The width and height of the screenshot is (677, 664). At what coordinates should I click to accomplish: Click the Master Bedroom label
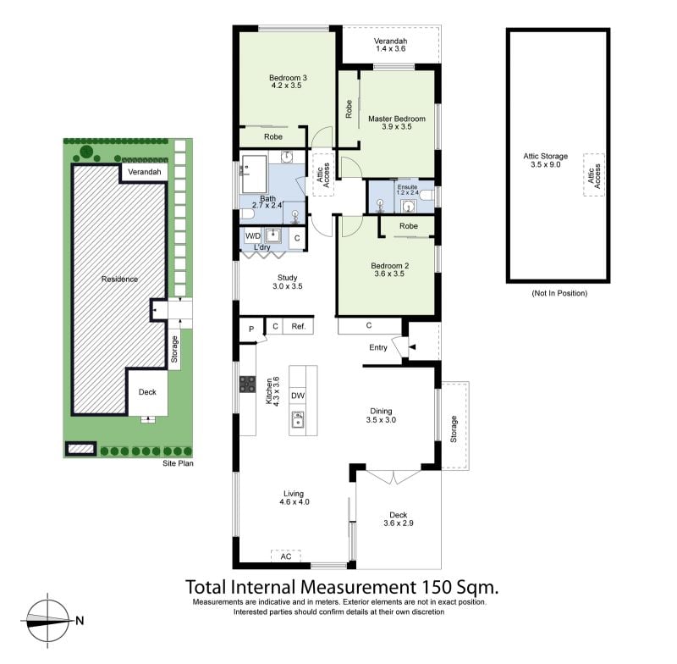pos(396,119)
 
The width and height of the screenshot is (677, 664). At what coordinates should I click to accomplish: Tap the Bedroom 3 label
pos(288,78)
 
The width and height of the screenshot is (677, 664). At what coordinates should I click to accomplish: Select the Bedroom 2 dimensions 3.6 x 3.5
pos(389,274)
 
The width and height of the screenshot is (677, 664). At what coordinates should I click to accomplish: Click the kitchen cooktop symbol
pos(247,384)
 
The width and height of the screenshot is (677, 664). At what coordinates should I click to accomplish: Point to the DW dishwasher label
pos(298,396)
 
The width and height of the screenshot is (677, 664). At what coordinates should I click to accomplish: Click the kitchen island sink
pos(298,419)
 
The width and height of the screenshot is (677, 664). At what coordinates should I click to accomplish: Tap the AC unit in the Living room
pos(285,556)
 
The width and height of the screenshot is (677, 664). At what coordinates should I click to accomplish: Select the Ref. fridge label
pos(298,327)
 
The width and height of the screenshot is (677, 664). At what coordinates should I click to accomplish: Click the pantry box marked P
pos(251,329)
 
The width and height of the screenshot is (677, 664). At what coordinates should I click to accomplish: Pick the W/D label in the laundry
pos(252,236)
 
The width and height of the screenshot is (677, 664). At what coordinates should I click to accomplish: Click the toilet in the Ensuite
pos(427,196)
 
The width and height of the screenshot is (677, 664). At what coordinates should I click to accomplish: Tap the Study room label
pos(287,278)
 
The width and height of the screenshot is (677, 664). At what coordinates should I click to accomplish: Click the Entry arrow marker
pos(412,346)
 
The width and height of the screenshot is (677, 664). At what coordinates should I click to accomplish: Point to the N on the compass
pos(80,621)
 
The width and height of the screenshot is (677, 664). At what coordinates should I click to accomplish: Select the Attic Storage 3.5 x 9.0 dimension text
pos(545,164)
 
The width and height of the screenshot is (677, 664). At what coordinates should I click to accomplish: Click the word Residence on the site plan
pos(119,279)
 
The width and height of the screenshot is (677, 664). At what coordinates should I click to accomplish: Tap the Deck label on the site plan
pos(147,392)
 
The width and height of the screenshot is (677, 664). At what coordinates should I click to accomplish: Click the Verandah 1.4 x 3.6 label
pos(390,45)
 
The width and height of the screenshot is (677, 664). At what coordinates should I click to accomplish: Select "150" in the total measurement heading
pos(432,587)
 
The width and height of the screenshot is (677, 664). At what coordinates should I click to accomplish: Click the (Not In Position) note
pos(559,293)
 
